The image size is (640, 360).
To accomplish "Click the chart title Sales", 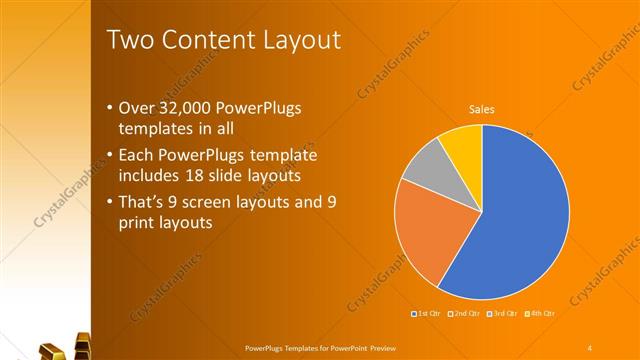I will click(482, 109).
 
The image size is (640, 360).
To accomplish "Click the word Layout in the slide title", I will click(297, 40).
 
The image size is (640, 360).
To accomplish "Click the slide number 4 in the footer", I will click(590, 347).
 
